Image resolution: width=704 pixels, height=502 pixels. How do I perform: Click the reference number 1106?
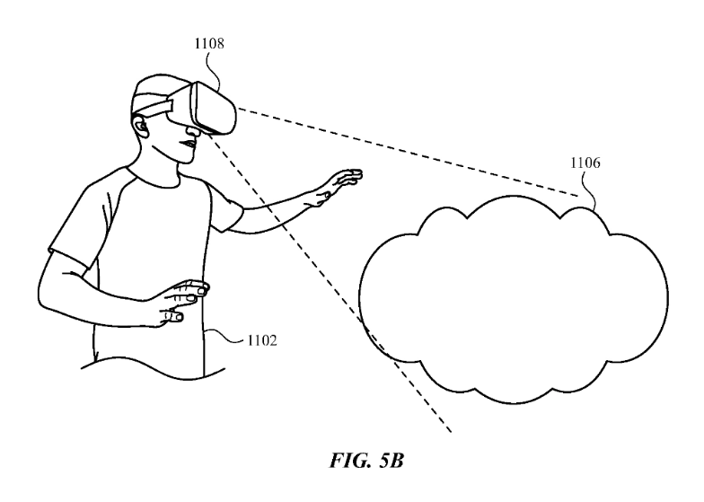tap(585, 164)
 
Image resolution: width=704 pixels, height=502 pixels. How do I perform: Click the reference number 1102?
tap(260, 341)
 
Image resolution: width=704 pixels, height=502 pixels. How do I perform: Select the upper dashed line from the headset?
tap(404, 153)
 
